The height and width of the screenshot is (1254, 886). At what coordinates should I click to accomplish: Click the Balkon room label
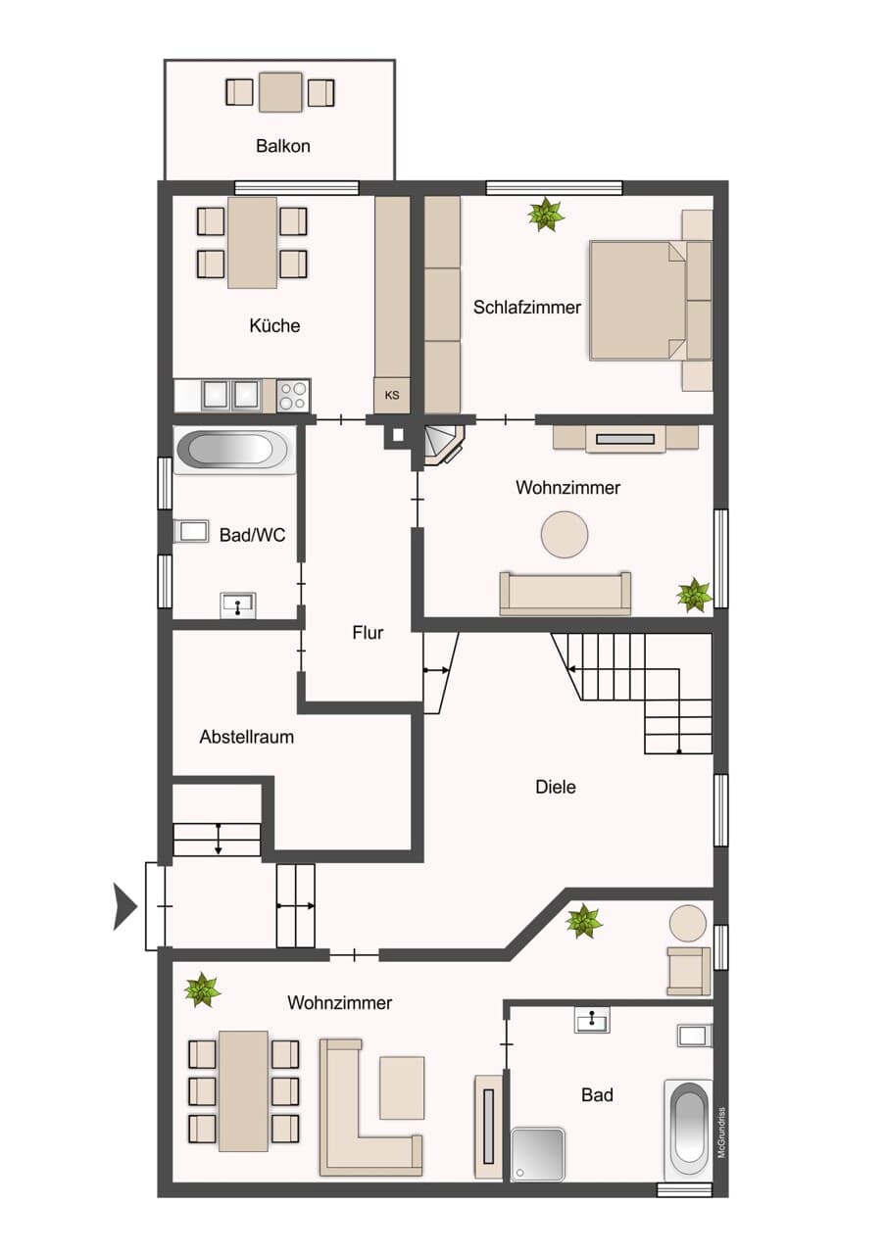283,146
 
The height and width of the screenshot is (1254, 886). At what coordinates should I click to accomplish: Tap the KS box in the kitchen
392,395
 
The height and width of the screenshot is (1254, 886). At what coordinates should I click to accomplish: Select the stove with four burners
293,396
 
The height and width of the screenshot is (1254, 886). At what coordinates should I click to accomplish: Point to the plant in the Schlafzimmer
546,214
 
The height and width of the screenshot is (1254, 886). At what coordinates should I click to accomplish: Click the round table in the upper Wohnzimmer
565,534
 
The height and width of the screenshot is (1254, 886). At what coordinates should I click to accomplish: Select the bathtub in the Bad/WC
234,450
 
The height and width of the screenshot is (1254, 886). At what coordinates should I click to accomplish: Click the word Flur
368,633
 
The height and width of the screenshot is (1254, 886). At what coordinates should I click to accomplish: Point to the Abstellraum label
247,737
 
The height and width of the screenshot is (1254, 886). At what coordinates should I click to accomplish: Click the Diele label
556,787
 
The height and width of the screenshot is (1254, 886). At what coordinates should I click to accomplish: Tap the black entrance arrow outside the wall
124,906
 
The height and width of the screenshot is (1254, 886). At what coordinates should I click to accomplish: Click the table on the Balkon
280,92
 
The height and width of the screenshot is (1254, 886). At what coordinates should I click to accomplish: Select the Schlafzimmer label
527,308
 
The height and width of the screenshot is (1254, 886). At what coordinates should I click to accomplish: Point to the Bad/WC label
253,535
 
